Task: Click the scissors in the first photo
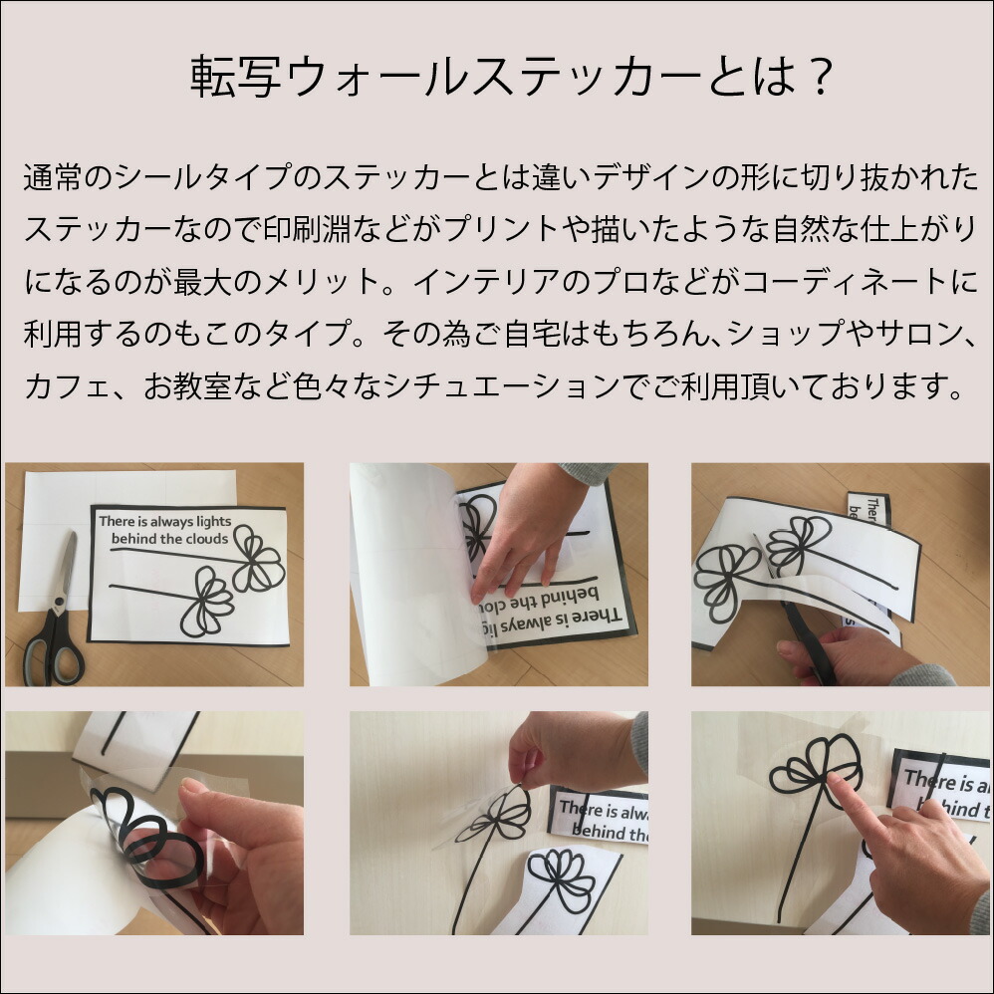(x=55, y=612)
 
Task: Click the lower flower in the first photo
(x=206, y=602)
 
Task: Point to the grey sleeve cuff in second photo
(x=587, y=472)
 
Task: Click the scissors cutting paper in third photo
(x=805, y=640)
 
